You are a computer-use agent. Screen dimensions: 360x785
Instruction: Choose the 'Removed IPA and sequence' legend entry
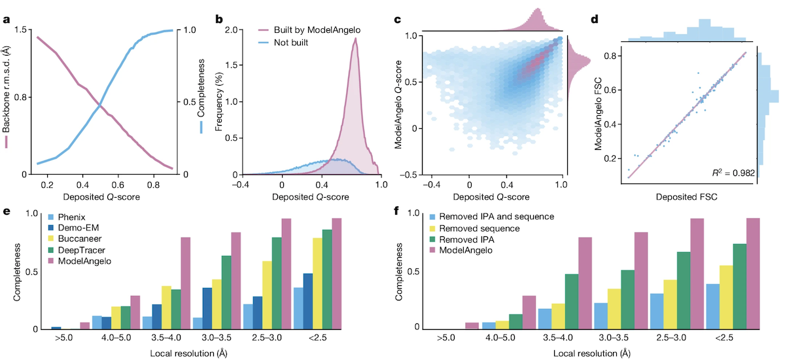click(497, 216)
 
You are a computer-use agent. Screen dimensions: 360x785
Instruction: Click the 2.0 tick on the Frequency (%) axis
click(232, 30)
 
